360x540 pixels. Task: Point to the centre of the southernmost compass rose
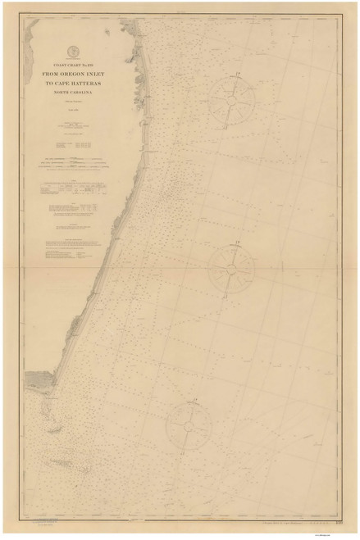[x=189, y=428]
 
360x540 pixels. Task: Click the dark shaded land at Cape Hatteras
[x=39, y=379]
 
